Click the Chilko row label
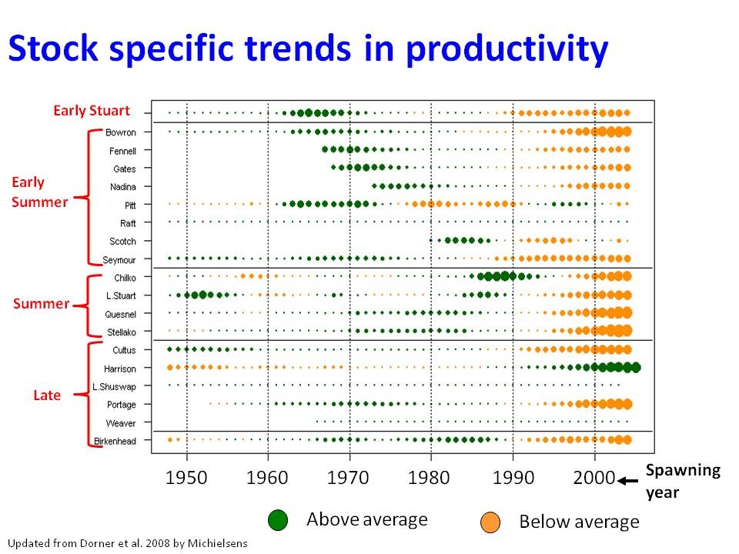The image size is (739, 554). coord(125,278)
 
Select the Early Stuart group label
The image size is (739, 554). coord(92,110)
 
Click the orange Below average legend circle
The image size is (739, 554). coord(490,522)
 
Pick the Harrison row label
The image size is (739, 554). coord(120,369)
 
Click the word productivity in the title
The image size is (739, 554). coord(507,49)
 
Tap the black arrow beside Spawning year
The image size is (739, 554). coord(629,481)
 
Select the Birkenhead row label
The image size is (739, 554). coord(115,441)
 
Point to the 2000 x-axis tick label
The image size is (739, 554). coord(594,477)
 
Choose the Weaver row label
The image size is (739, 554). coord(122,423)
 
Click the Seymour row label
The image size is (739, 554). coord(120,259)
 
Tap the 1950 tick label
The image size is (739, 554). coord(186,477)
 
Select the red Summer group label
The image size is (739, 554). coord(41,304)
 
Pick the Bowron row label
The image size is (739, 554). coord(122,132)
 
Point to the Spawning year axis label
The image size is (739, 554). coord(673,481)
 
